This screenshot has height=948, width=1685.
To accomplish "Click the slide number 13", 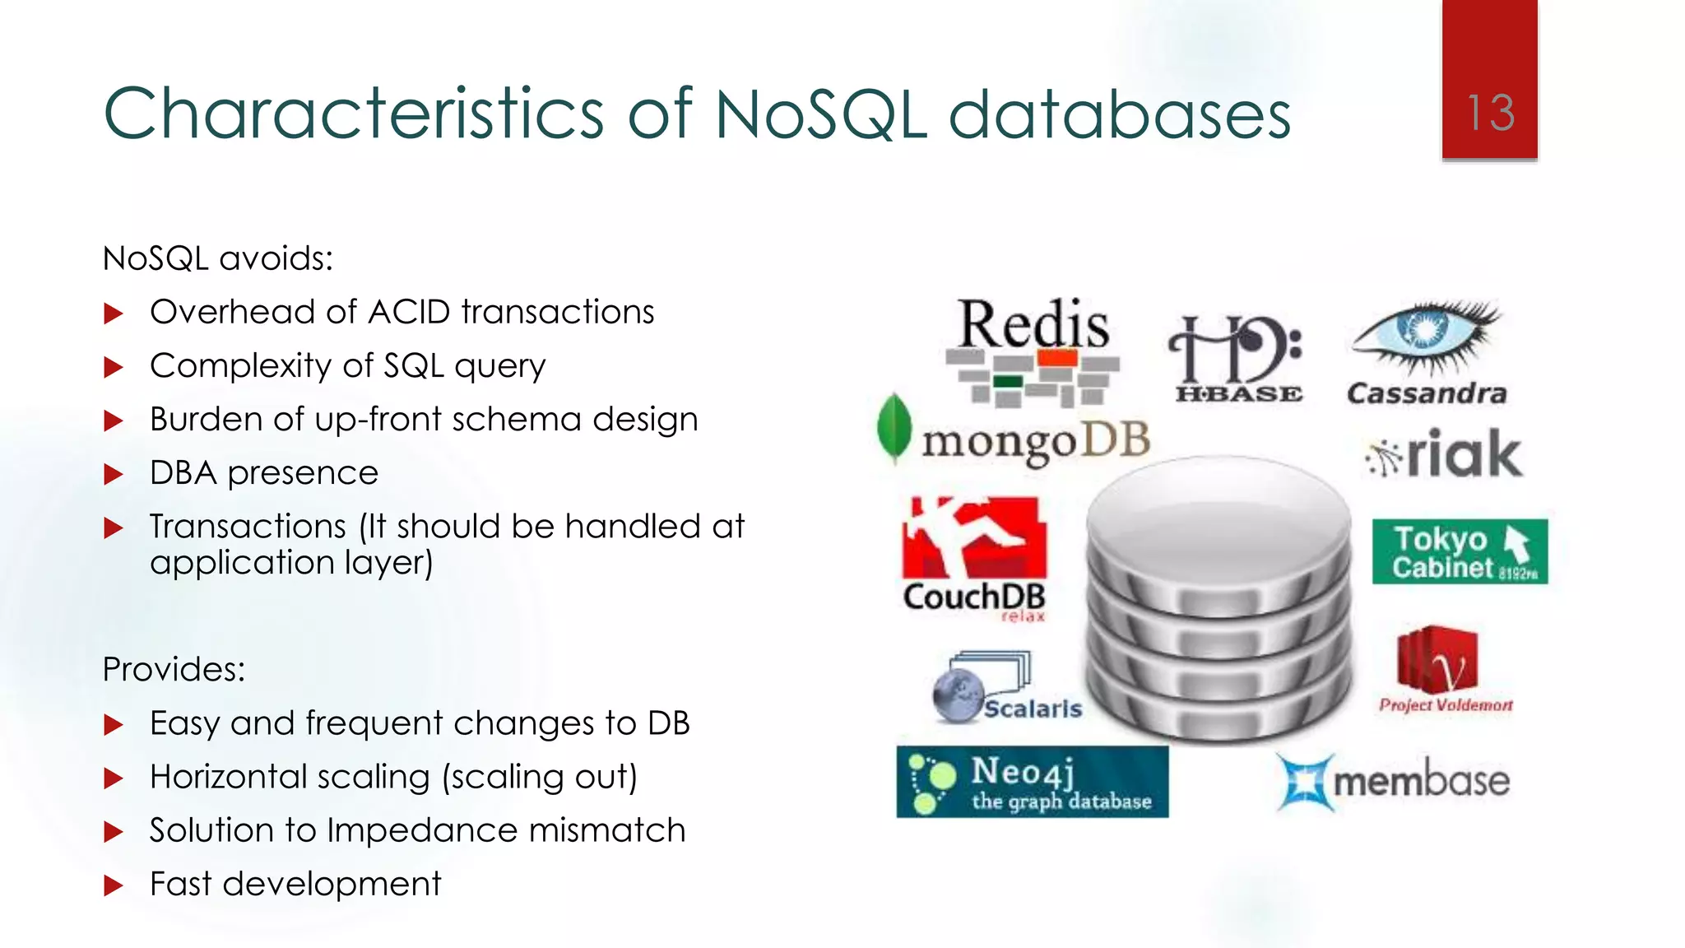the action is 1490,113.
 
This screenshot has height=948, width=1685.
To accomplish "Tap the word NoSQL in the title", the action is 821,114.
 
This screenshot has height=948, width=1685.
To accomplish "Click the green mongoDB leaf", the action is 894,427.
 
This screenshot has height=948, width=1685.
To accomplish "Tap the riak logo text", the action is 1464,453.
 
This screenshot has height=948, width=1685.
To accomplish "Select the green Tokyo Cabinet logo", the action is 1460,551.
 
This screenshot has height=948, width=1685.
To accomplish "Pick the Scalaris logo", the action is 1008,688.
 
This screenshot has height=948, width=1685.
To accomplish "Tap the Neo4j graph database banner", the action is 1032,782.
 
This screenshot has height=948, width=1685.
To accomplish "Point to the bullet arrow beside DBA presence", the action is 114,474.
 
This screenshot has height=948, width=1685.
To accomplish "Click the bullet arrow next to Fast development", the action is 114,885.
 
